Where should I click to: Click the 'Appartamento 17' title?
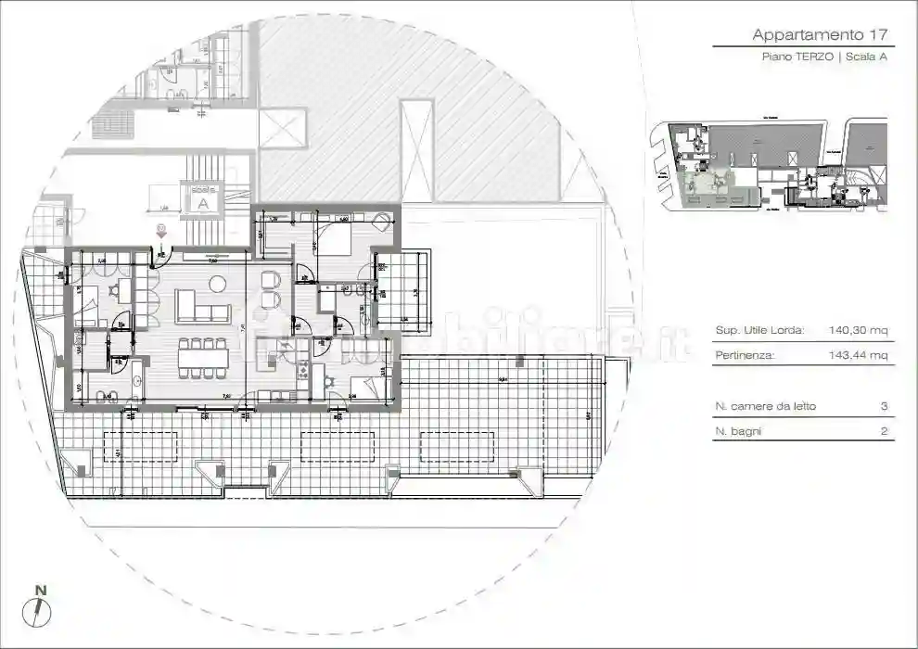pyautogui.click(x=821, y=35)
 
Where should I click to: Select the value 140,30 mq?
pyautogui.click(x=858, y=329)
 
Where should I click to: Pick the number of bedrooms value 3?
pyautogui.click(x=885, y=406)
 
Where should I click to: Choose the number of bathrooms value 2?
pyautogui.click(x=885, y=431)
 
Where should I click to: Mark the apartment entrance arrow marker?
pyautogui.click(x=160, y=235)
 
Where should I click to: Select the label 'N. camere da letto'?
pyautogui.click(x=766, y=406)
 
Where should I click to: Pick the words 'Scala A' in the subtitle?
pyautogui.click(x=868, y=57)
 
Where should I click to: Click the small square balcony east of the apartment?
pyautogui.click(x=404, y=292)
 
